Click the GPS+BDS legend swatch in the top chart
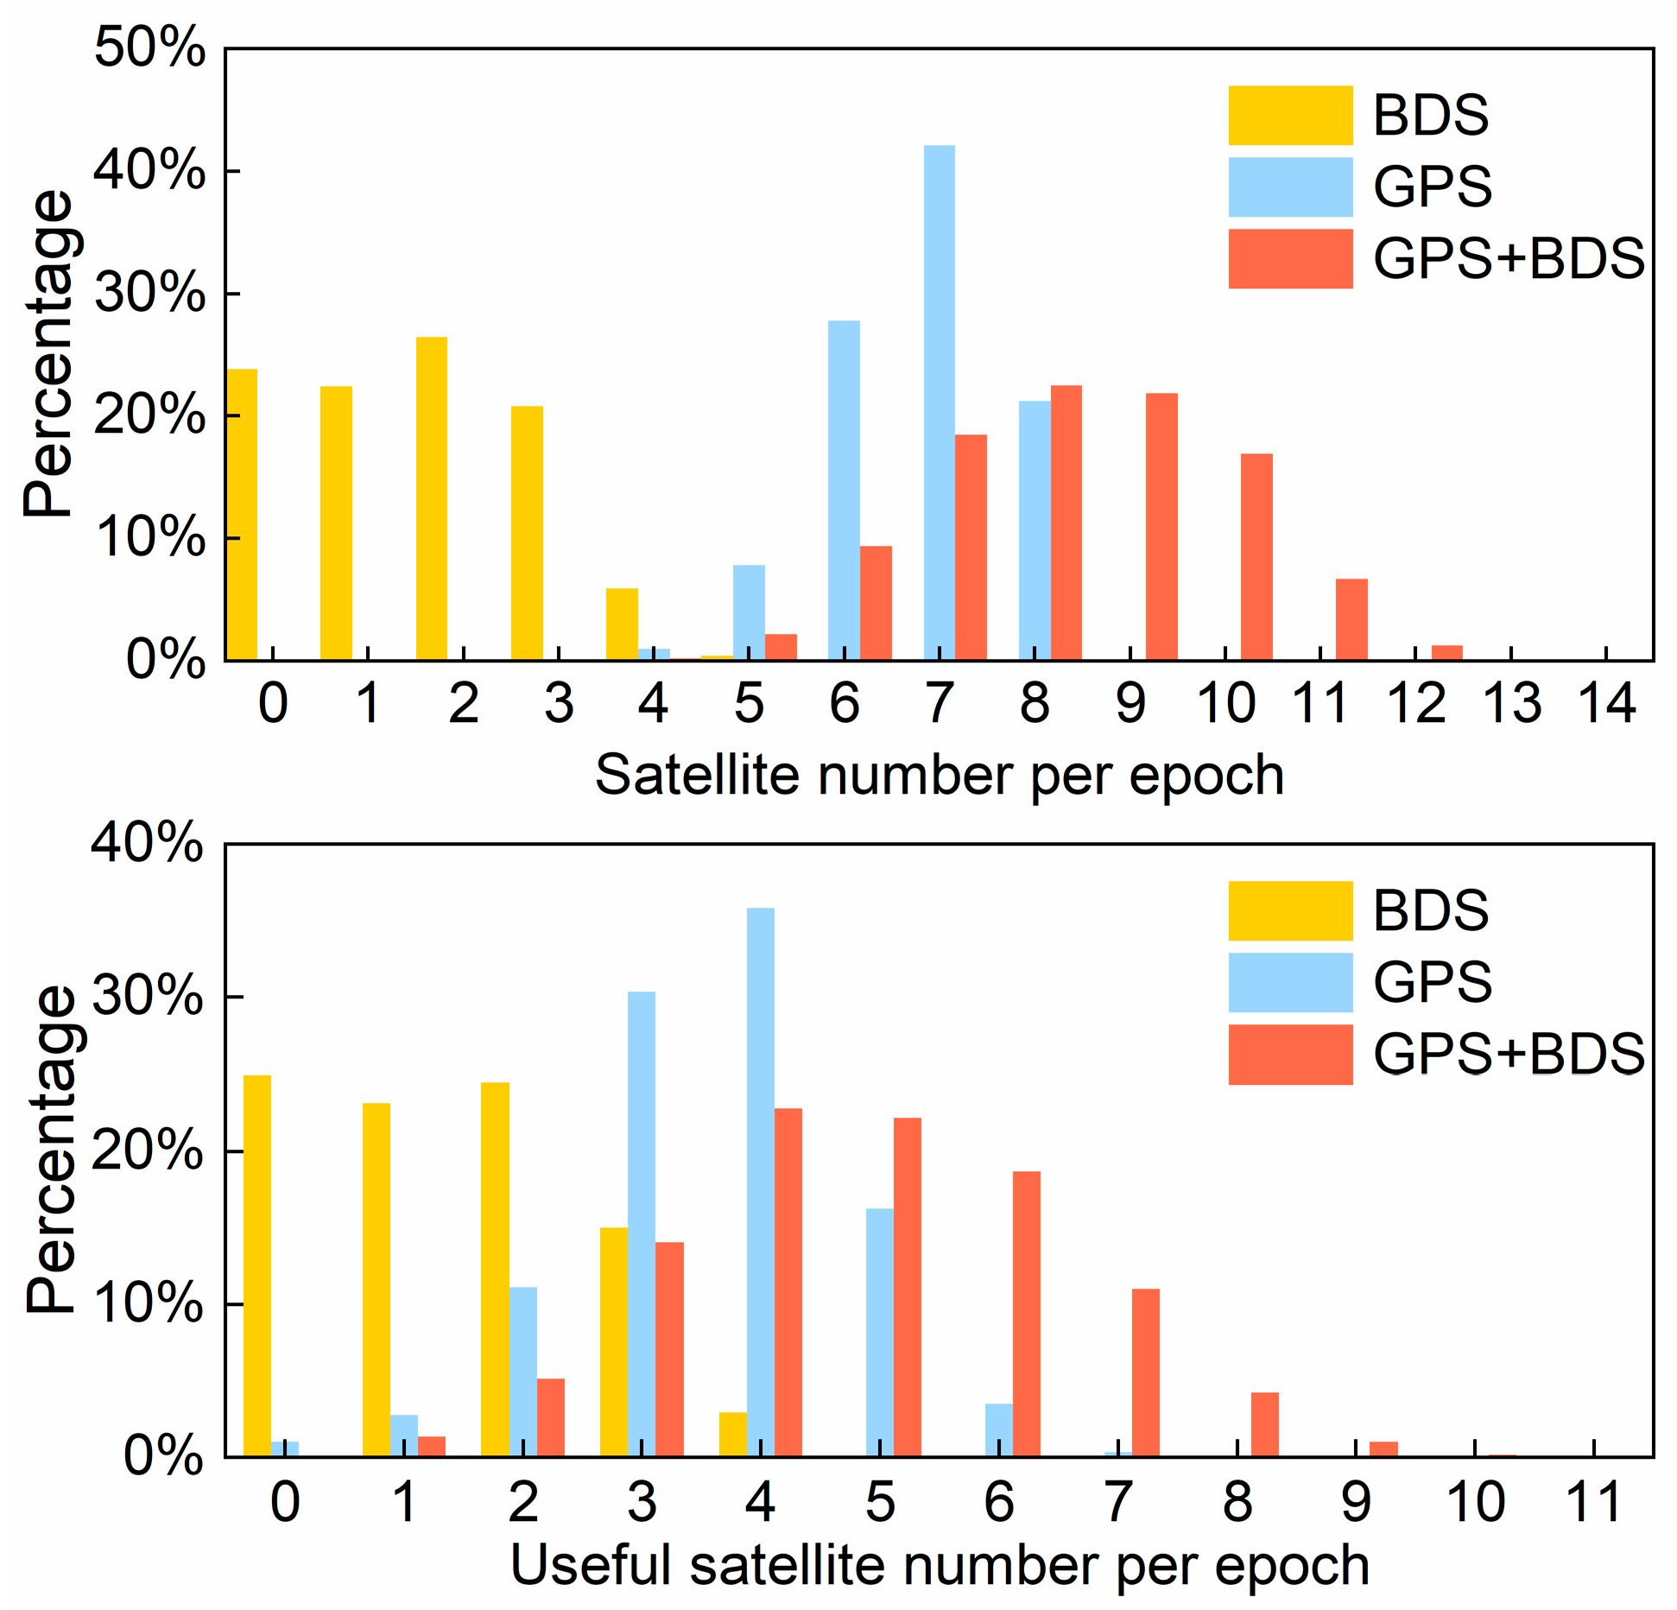pyautogui.click(x=1290, y=258)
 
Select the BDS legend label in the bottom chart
pyautogui.click(x=1430, y=910)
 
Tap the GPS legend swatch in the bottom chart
pyautogui.click(x=1290, y=982)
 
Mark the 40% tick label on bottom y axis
pyautogui.click(x=148, y=841)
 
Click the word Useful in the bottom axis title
pyautogui.click(x=591, y=1564)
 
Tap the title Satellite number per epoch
pyautogui.click(x=939, y=775)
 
